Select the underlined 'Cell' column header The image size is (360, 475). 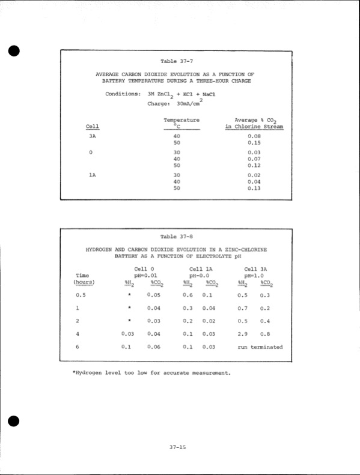[x=93, y=126]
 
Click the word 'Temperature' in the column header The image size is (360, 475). [x=182, y=120]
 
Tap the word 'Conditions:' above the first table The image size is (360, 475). [x=123, y=94]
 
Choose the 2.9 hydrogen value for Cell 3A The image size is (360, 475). [x=243, y=333]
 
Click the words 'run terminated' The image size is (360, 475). [x=260, y=346]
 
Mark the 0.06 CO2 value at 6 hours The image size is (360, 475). [x=154, y=346]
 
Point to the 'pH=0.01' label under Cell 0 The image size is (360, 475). [x=140, y=274]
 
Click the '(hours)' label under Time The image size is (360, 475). [x=84, y=282]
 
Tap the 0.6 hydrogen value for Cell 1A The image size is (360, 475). [x=188, y=295]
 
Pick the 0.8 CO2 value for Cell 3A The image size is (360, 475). [x=265, y=333]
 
